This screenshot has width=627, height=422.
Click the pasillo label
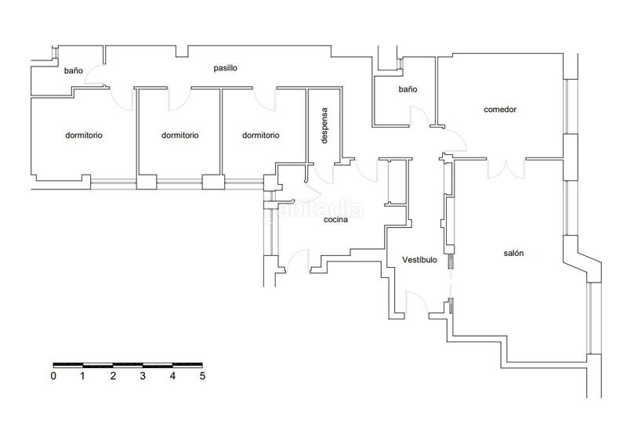[225, 69]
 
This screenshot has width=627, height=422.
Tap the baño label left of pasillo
[73, 71]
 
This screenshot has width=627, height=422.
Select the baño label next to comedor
[408, 90]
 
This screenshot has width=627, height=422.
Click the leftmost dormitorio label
[84, 135]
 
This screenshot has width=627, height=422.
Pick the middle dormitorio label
[180, 135]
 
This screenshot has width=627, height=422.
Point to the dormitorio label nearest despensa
[260, 135]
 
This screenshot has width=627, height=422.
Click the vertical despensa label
[323, 125]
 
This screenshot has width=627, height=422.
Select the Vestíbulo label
[419, 259]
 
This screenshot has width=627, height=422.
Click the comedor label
[500, 110]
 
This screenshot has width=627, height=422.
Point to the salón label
[514, 253]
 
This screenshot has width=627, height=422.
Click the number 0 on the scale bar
[53, 377]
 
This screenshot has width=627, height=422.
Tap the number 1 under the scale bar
[83, 377]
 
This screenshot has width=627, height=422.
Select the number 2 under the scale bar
[113, 377]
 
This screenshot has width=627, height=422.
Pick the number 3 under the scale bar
[143, 377]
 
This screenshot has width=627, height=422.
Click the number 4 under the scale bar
[172, 377]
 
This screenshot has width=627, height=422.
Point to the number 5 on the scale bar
[202, 377]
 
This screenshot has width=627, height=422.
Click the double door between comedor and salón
[506, 166]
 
